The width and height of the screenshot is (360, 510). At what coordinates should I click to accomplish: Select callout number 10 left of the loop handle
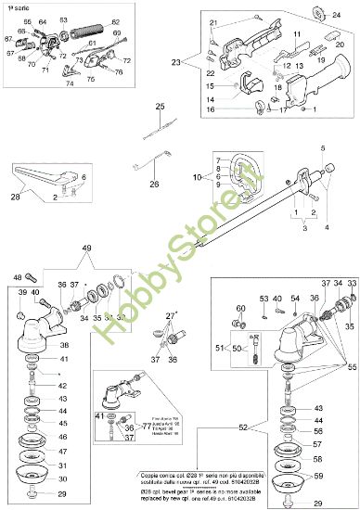click(197, 175)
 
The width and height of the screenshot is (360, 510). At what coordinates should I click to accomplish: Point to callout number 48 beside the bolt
click(18, 276)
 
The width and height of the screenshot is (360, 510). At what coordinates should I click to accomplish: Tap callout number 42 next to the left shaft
click(62, 386)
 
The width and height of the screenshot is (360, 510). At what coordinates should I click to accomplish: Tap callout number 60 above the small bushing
click(240, 308)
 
